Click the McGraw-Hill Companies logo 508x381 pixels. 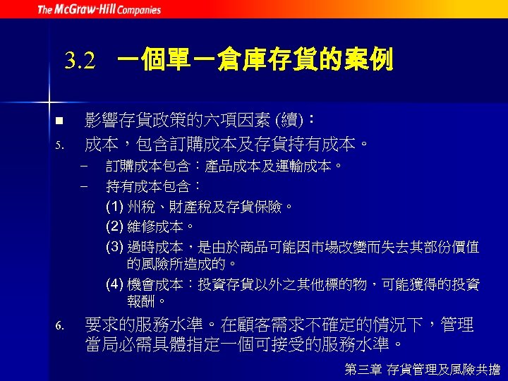tap(99, 9)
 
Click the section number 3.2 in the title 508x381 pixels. tap(79, 61)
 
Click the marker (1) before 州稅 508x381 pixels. tap(114, 207)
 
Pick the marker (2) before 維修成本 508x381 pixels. tap(114, 227)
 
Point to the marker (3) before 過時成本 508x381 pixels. tap(114, 247)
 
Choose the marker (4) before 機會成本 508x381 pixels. tap(114, 285)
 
